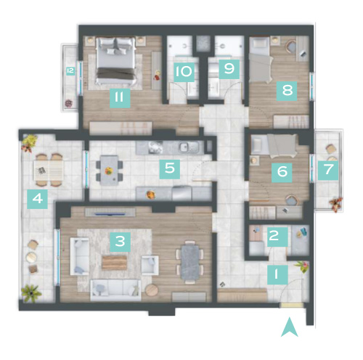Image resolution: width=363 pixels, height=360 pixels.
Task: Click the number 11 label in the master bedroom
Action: (x=120, y=98)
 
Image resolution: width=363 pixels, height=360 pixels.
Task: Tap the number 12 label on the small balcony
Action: (x=70, y=70)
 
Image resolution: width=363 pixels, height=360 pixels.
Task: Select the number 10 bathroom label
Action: (x=184, y=72)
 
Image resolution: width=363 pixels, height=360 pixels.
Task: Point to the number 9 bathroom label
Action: (x=229, y=69)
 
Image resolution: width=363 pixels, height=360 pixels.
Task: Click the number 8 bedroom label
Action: (x=287, y=91)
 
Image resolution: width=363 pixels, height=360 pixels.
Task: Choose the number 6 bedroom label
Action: (x=282, y=172)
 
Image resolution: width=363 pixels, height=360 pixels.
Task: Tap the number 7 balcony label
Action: (x=328, y=170)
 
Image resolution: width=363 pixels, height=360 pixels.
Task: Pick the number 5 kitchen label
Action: (x=170, y=168)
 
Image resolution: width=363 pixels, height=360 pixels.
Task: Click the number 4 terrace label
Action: (x=37, y=199)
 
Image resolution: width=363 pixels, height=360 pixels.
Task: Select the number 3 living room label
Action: (x=121, y=242)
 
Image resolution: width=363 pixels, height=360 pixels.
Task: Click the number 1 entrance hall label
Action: (x=277, y=274)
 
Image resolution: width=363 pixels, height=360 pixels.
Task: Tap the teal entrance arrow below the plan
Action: (x=289, y=327)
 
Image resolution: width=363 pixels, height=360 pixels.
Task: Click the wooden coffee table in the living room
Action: (x=115, y=263)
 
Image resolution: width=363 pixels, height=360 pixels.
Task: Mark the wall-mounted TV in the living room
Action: (x=110, y=213)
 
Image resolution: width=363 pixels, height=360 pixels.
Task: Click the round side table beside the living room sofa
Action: (x=152, y=290)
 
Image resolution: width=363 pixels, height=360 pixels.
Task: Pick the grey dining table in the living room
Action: (x=190, y=262)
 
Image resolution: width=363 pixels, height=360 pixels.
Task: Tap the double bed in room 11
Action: (x=115, y=61)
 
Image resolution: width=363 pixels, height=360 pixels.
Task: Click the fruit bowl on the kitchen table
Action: (x=109, y=171)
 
